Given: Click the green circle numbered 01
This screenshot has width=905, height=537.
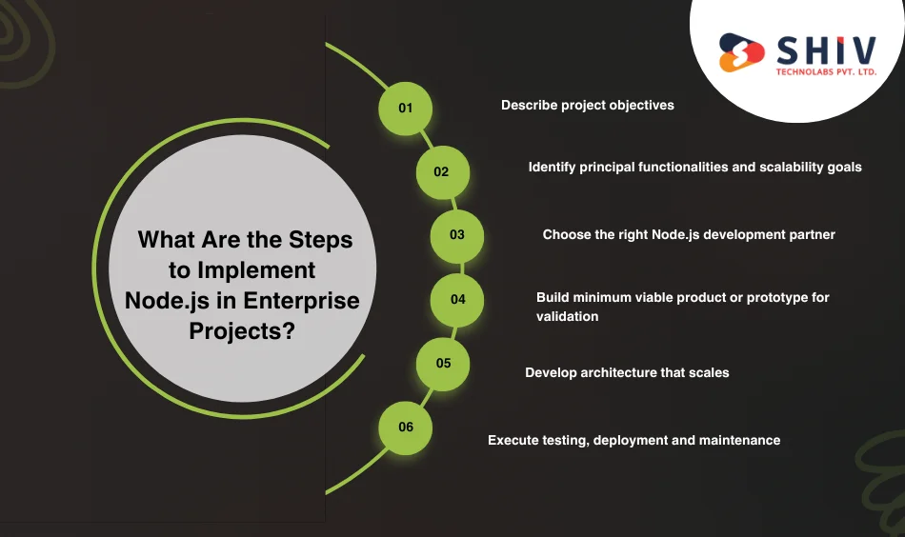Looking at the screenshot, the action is point(405,109).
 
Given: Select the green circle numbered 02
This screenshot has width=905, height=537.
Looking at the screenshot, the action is point(443,172).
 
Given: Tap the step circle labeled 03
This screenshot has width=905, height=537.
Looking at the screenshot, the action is point(457,236).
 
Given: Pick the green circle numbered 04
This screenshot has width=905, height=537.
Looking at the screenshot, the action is point(457,300).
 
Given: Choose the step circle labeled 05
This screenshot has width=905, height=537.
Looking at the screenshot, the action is point(443,364).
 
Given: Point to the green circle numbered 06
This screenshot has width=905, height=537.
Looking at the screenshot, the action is point(405,428).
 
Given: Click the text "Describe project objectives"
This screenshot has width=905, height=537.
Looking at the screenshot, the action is point(588,106).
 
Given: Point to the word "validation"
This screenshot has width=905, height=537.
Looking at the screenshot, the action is point(568,316).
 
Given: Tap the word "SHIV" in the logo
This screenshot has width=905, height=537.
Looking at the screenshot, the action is point(827,50).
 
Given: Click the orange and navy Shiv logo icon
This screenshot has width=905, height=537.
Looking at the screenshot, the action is point(741,52).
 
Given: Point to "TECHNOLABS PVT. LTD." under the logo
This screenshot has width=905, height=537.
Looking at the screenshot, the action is point(826,72).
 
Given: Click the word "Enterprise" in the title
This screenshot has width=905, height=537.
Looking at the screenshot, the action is point(301,301).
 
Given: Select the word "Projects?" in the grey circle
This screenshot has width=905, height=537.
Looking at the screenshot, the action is point(242,331).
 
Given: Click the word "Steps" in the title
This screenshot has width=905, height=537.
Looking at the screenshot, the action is point(320,241).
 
